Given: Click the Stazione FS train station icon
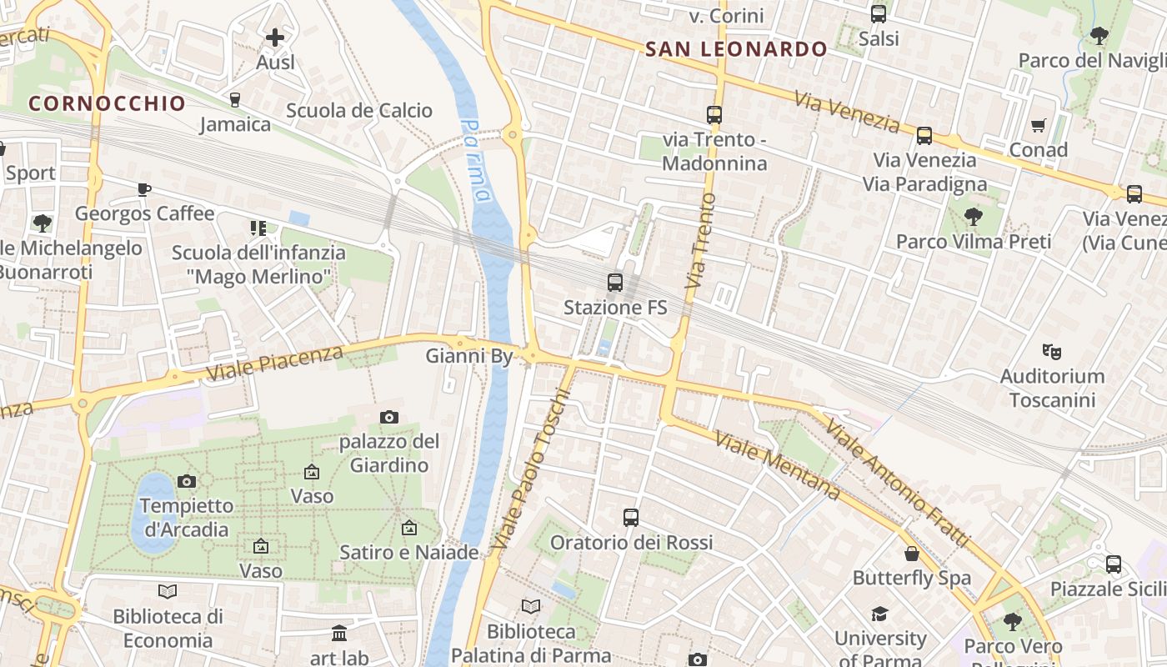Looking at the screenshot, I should [615, 283].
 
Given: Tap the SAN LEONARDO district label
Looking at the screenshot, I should [736, 49].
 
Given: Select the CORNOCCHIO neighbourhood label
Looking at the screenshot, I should [107, 103].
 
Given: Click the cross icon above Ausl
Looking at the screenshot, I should [275, 38].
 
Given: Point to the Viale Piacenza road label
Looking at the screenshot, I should [274, 364].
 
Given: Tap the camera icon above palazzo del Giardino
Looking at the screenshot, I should [388, 417].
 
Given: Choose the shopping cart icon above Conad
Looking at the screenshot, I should [1038, 126].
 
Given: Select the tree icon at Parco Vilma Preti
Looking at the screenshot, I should [973, 218].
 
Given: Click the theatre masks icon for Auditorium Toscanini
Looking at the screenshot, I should [1051, 352].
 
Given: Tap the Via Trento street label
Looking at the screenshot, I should [700, 242].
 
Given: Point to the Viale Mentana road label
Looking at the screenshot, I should [777, 466].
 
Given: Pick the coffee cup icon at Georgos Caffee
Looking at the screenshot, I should [144, 189].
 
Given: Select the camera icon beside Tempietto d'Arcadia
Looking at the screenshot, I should [186, 481].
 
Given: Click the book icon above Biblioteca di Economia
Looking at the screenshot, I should [168, 591].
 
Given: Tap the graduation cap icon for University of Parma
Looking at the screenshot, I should [879, 614].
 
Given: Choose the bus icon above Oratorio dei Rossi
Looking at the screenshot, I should [631, 518].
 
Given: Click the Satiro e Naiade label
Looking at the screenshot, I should [409, 552].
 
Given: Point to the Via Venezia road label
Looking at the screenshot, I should [847, 112].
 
